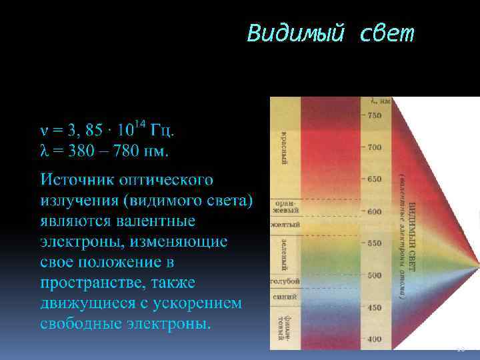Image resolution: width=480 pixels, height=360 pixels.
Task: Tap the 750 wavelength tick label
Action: [x=374, y=115]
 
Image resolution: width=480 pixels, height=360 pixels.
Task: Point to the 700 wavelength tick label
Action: [x=374, y=147]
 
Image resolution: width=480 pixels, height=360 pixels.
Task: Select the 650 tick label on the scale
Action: [x=374, y=179]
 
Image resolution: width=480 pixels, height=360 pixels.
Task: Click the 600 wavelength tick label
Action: [x=374, y=211]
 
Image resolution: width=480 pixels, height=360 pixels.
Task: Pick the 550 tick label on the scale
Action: [x=374, y=243]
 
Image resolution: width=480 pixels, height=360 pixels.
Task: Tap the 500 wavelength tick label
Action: [x=374, y=275]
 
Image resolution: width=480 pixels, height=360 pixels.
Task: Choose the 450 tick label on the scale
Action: [x=374, y=307]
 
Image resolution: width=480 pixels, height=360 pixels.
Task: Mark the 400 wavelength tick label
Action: [x=374, y=339]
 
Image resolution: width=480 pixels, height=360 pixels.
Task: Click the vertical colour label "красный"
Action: [x=285, y=147]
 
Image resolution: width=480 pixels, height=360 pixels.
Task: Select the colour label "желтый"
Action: [x=285, y=225]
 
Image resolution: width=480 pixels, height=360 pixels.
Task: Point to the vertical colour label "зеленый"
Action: [x=285, y=253]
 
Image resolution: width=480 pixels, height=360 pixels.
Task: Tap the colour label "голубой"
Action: [x=285, y=281]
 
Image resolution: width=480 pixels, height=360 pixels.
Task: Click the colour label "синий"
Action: [x=285, y=299]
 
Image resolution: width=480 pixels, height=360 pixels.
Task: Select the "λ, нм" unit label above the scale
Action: [x=381, y=101]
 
